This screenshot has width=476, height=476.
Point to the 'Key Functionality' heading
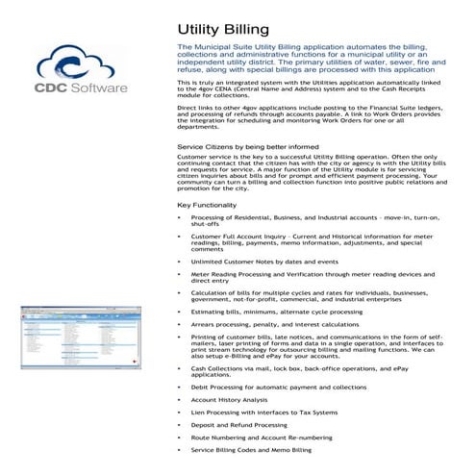[209, 206]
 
